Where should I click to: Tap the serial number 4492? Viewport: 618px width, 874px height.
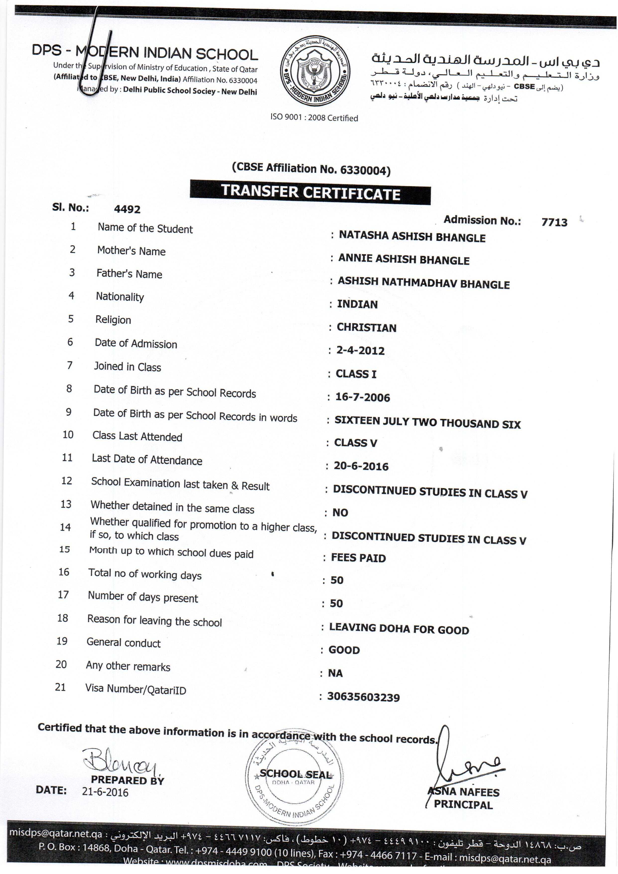(x=127, y=209)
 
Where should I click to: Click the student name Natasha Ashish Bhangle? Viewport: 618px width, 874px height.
(x=412, y=237)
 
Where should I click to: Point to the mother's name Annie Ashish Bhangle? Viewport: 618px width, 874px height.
(x=404, y=260)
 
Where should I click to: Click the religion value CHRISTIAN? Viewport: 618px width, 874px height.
(x=366, y=328)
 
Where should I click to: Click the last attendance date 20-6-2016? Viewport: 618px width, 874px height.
(x=361, y=466)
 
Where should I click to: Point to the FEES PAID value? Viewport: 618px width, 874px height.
(x=358, y=558)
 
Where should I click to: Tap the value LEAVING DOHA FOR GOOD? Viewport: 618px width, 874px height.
(x=399, y=629)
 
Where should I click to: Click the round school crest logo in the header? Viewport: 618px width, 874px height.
(x=315, y=71)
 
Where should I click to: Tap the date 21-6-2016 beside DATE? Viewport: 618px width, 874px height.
(x=105, y=792)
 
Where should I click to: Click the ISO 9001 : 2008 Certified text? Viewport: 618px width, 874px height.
(x=314, y=118)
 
